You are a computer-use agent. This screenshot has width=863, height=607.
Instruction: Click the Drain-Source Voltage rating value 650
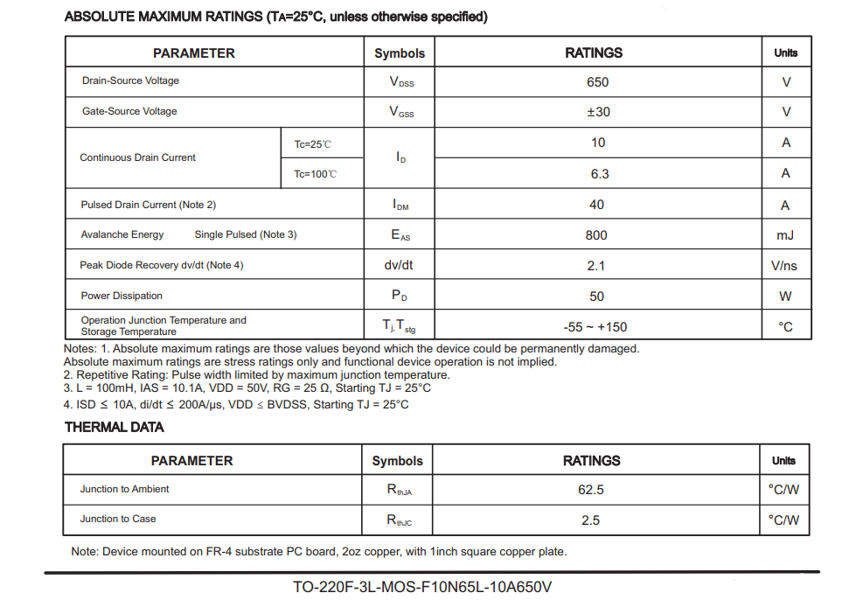tap(597, 82)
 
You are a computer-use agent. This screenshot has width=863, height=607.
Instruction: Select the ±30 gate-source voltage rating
tap(598, 112)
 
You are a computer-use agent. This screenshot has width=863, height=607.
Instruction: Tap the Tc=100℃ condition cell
tap(316, 174)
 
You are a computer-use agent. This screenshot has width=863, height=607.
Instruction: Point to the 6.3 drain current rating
tap(599, 174)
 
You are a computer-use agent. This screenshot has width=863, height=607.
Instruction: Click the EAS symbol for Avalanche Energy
tap(400, 235)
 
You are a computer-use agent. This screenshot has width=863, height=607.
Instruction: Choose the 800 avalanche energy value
tap(596, 235)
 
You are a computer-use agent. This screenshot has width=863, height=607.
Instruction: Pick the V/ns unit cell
tap(784, 266)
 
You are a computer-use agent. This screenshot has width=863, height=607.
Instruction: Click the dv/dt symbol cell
tap(399, 265)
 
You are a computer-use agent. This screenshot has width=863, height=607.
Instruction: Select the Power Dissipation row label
tap(122, 296)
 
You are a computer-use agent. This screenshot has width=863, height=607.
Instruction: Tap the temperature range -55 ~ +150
tap(595, 327)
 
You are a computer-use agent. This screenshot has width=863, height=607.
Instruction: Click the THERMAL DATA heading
tap(115, 428)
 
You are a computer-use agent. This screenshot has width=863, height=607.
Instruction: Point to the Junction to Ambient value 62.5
tap(591, 490)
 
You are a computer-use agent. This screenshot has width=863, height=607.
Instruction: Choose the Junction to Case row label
tap(118, 519)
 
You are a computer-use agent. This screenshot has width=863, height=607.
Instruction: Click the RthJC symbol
tap(399, 520)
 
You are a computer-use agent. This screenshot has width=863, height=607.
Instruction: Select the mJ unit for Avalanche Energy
tap(784, 235)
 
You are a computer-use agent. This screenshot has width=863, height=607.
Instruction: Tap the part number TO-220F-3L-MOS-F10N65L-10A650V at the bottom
tap(422, 587)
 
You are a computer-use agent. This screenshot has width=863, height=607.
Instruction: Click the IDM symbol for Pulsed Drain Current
tap(400, 205)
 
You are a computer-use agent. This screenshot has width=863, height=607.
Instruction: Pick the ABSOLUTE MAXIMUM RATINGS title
tap(276, 17)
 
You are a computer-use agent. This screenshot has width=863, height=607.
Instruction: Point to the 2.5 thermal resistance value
tap(591, 520)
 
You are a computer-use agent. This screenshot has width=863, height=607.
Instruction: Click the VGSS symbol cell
tap(400, 112)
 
